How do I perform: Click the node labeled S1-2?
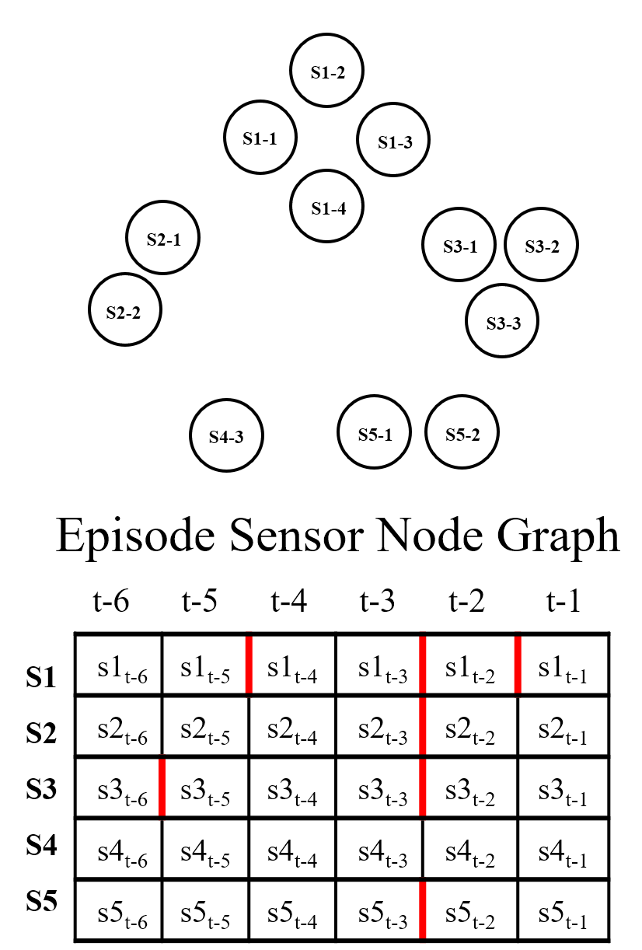tap(327, 72)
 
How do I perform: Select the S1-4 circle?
tap(327, 208)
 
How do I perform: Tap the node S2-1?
tap(163, 239)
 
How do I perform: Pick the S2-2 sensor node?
tap(125, 311)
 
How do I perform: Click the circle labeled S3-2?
tap(542, 246)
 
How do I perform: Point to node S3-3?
tap(502, 322)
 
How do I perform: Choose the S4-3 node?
tap(227, 436)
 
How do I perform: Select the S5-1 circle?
tap(375, 434)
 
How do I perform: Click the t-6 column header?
tap(110, 601)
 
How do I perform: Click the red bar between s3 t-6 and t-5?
tap(162, 787)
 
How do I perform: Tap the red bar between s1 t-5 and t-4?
tap(249, 665)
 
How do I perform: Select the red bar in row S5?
tap(422, 910)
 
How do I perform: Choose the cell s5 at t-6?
tap(120, 910)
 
